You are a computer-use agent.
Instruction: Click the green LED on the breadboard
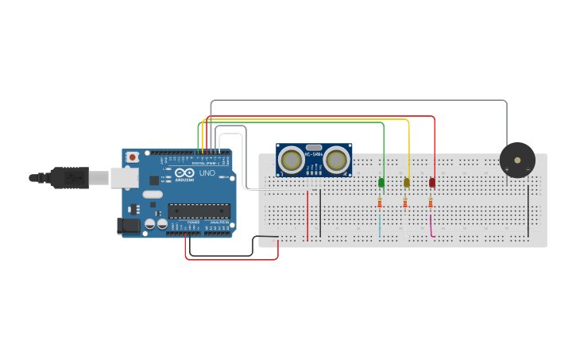pos(381,183)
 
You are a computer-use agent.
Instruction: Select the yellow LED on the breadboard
pos(407,183)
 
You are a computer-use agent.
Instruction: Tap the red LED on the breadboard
pos(432,183)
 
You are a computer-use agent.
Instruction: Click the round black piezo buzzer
pos(517,160)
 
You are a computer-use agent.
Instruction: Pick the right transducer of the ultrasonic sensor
pos(336,161)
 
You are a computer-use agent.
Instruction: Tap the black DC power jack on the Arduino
pos(128,226)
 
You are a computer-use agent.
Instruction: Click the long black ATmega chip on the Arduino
pos(199,211)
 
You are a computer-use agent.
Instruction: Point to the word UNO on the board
pos(207,173)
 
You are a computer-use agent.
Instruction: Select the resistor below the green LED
pos(381,203)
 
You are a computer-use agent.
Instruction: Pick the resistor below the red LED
pos(431,203)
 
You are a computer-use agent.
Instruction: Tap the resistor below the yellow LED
pos(406,203)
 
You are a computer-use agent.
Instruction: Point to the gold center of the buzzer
pos(518,160)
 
